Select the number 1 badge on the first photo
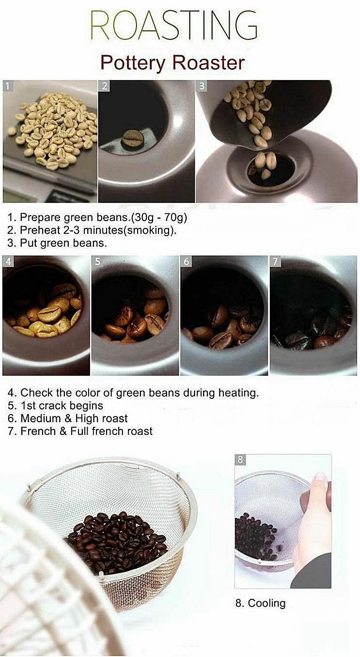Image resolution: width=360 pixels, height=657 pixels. point(8,86)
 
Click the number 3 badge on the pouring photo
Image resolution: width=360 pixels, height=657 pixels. point(202,86)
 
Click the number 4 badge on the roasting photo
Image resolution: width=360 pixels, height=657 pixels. point(8,261)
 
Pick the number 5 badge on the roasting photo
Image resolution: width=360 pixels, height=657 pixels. point(97,261)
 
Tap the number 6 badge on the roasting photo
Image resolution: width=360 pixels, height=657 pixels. point(186,261)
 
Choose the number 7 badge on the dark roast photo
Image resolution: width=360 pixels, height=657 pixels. point(275,261)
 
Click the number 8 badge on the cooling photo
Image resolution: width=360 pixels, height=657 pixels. point(240,460)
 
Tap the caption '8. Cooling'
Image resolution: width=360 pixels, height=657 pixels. point(260,603)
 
